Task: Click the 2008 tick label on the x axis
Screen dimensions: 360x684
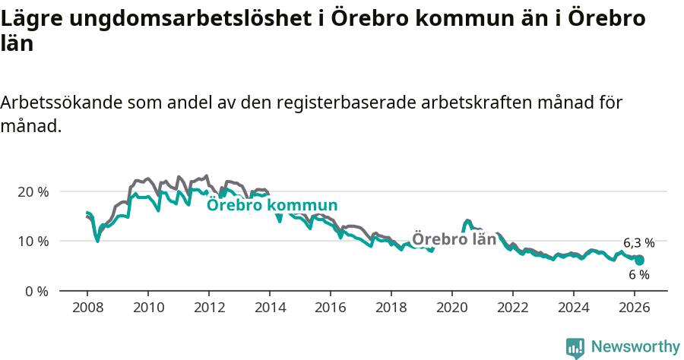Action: [87, 308]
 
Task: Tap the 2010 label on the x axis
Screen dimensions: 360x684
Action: [147, 308]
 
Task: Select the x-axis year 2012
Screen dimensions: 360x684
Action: [208, 308]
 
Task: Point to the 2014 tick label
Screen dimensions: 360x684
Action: [269, 308]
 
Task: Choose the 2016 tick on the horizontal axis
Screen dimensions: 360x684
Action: [331, 308]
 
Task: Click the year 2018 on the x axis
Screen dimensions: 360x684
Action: [391, 308]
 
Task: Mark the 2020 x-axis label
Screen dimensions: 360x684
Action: [452, 308]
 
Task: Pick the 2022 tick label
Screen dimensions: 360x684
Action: [513, 308]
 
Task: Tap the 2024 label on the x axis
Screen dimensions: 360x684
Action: [574, 308]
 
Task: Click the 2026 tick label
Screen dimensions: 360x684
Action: [635, 308]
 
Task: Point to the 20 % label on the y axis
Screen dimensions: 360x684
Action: [33, 191]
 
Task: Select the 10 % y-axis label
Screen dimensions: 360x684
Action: [33, 241]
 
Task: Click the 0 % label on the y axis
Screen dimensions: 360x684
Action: [36, 291]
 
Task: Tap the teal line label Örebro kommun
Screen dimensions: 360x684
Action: [272, 206]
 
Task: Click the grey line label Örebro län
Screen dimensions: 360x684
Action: [454, 240]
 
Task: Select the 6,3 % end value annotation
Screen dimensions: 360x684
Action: [638, 243]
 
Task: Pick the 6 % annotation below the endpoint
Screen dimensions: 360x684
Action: [638, 274]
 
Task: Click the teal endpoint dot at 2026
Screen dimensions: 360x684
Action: [639, 261]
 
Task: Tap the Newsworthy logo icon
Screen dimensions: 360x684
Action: [575, 348]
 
